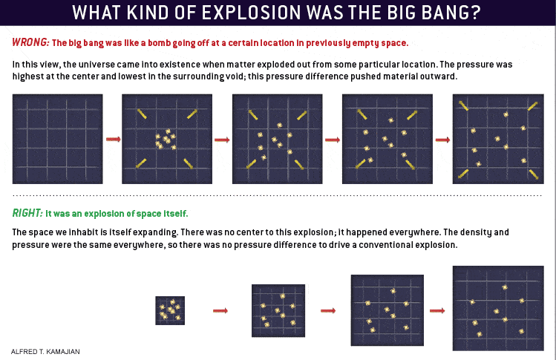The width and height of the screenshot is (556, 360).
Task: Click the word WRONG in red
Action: pyautogui.click(x=30, y=42)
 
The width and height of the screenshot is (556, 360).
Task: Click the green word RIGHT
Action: pyautogui.click(x=27, y=213)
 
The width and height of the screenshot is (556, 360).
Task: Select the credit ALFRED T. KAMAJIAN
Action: pyautogui.click(x=45, y=352)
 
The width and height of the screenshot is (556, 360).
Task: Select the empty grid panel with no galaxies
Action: pyautogui.click(x=57, y=139)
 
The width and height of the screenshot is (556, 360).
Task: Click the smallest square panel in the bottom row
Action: pyautogui.click(x=170, y=310)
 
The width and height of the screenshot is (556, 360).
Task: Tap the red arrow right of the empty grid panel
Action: pyautogui.click(x=114, y=139)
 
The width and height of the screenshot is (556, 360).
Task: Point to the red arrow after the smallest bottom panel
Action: pyautogui.click(x=220, y=311)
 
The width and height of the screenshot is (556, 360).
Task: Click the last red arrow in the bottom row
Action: pyautogui.click(x=437, y=311)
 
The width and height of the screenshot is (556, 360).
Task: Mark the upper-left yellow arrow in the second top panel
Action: pyautogui.click(x=142, y=114)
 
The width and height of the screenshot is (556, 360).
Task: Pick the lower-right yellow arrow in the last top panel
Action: pyautogui.click(x=534, y=174)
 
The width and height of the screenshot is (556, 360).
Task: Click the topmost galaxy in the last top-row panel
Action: pyautogui.click(x=506, y=114)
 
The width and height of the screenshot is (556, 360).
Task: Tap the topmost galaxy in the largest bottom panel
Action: pyautogui.click(x=505, y=287)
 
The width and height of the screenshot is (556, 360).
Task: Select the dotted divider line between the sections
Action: pyautogui.click(x=277, y=195)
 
